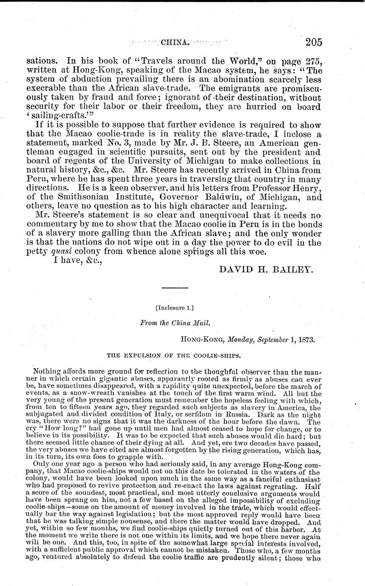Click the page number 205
[x=313, y=42]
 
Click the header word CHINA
[x=174, y=42]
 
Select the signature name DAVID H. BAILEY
[x=266, y=270]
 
